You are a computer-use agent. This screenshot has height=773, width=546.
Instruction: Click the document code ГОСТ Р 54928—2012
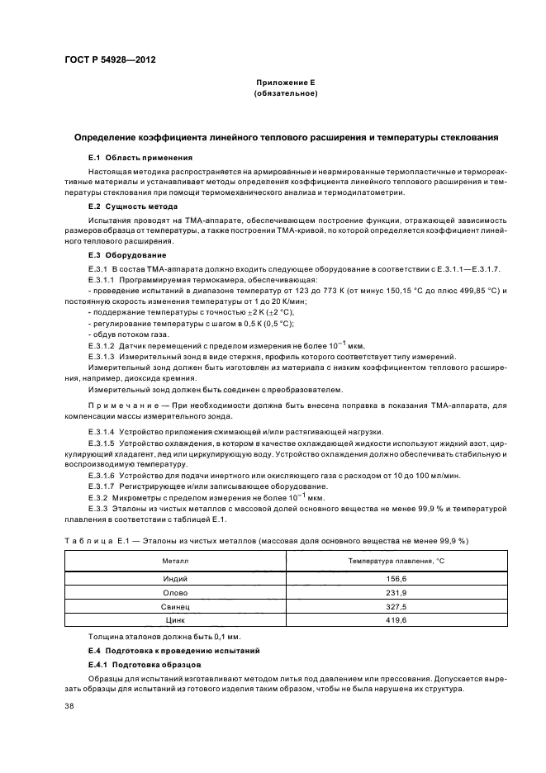110,61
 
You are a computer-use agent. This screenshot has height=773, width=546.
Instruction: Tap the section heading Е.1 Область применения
140,157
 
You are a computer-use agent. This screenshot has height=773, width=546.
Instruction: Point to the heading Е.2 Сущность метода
137,206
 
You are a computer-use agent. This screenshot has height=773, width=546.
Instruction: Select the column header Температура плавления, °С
393,562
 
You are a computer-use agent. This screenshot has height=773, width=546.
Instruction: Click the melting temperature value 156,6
393,579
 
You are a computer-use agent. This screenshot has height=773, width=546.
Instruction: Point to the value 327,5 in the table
393,605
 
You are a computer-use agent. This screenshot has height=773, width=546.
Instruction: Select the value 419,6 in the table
393,619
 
